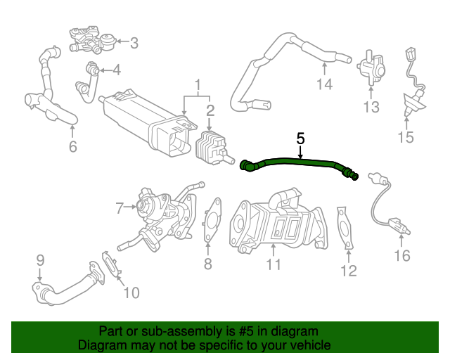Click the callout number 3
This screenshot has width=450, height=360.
[x=134, y=43]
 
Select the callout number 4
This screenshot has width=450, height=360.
[x=116, y=70]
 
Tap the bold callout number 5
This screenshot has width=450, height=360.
[x=300, y=138]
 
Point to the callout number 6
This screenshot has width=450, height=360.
[x=72, y=146]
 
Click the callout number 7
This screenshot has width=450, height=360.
[x=120, y=207]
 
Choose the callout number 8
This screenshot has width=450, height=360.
[x=207, y=264]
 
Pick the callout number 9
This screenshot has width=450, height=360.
[x=40, y=259]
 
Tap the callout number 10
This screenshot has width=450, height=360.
[x=131, y=292]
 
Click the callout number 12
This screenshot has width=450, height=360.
[x=349, y=270]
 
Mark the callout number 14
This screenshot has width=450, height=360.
[x=323, y=86]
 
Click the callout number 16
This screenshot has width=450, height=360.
[x=401, y=255]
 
